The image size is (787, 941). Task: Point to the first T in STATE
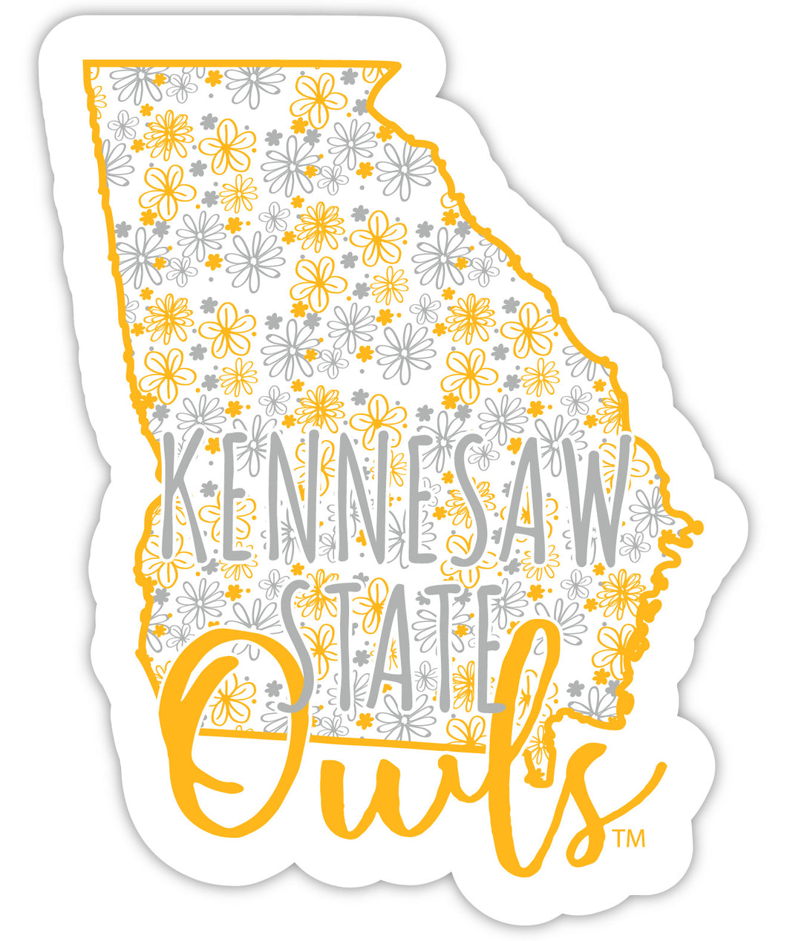pos(345,646)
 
